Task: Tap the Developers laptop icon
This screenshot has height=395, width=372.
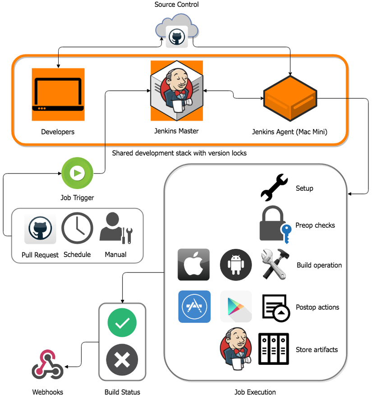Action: [58, 94]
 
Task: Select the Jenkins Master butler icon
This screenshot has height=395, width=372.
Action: [177, 91]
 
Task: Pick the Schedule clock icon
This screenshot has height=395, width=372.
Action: [77, 229]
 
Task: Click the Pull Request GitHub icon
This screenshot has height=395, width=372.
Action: [40, 229]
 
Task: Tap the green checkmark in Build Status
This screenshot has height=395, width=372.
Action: [122, 323]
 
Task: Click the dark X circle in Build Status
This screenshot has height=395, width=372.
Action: [122, 361]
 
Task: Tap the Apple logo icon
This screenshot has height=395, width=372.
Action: [194, 265]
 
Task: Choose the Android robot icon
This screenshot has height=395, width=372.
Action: [236, 265]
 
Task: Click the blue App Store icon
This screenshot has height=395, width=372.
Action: [194, 307]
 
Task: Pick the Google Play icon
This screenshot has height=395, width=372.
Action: [236, 307]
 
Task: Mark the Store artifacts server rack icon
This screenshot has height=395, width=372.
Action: [273, 349]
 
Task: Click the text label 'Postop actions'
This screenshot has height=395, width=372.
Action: [317, 307]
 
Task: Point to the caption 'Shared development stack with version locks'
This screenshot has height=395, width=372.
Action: [179, 153]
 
